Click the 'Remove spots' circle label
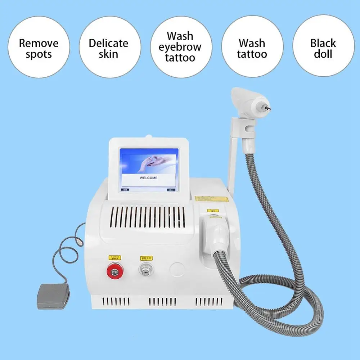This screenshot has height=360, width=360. (39, 49)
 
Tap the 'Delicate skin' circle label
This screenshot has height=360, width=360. (108, 49)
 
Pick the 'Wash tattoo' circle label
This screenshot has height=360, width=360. (252, 49)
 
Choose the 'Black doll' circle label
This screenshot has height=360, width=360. (323, 49)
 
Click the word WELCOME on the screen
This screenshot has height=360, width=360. (148, 178)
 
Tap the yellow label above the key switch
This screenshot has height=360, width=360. (146, 257)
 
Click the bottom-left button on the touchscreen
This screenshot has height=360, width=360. (126, 189)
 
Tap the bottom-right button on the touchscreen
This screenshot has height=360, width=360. (170, 189)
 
